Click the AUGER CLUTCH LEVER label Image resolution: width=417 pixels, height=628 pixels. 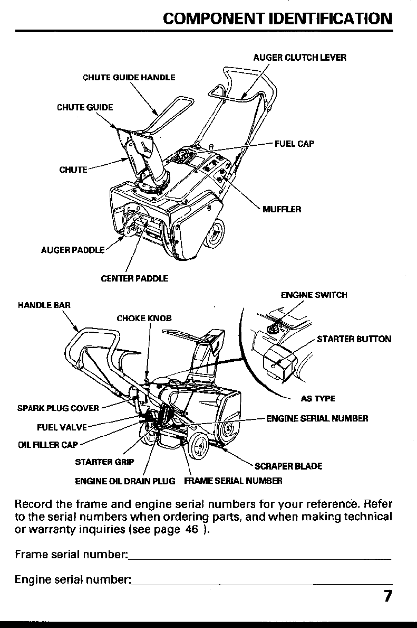tap(299, 58)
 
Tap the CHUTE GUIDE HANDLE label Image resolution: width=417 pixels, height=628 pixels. tap(129, 78)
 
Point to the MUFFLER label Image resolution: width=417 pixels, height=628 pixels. tap(282, 209)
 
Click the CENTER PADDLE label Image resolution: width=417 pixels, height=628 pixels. tap(134, 278)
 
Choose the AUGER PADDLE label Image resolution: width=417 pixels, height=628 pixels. tap(73, 250)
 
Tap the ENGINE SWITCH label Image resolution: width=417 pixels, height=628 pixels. tap(314, 295)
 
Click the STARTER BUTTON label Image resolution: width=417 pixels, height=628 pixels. tap(354, 339)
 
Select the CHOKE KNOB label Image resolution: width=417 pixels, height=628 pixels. tap(144, 318)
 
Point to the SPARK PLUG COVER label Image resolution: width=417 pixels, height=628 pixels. tap(58, 408)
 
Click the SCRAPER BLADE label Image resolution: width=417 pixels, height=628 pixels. tap(288, 466)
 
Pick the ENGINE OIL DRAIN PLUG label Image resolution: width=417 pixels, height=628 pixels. tap(125, 481)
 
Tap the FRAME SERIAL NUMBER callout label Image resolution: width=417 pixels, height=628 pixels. tap(233, 481)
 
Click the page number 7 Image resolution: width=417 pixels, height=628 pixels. tap(387, 596)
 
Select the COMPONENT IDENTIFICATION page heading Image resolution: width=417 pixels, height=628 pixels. tap(278, 19)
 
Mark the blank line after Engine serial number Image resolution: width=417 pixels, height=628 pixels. tap(262, 583)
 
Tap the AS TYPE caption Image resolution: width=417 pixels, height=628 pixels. tap(318, 399)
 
